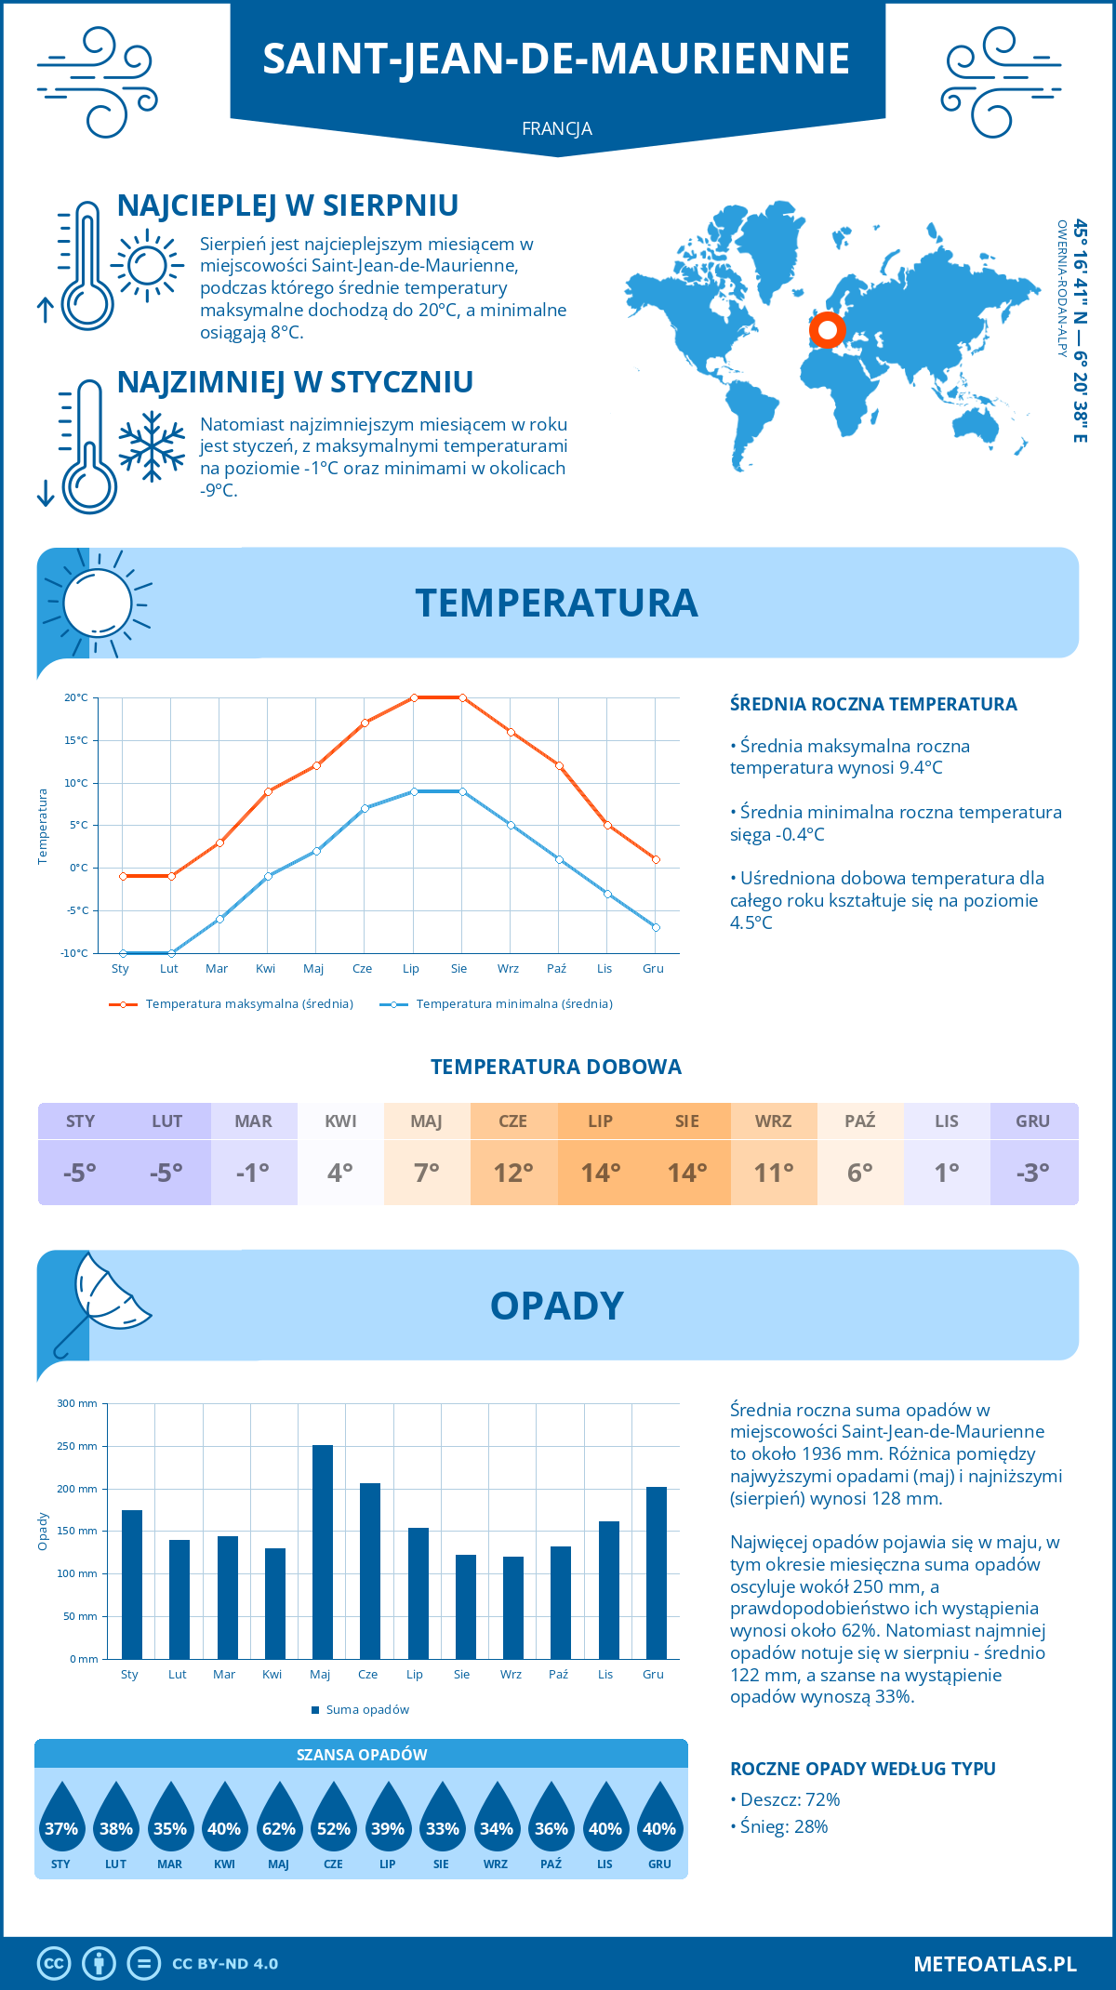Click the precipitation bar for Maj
click(322, 1552)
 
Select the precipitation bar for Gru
click(656, 1572)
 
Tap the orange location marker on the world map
click(827, 329)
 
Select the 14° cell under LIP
click(600, 1173)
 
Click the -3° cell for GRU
click(1033, 1173)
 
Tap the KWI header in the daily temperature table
click(340, 1121)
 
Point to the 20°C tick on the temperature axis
click(76, 697)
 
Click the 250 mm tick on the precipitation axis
click(77, 1446)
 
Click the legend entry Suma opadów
click(366, 1710)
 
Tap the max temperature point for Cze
click(365, 723)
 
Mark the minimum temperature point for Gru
click(656, 927)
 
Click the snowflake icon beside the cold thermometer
click(152, 446)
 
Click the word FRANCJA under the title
click(557, 128)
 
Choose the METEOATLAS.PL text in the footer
click(994, 1964)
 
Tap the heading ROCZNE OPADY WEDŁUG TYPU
click(862, 1769)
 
